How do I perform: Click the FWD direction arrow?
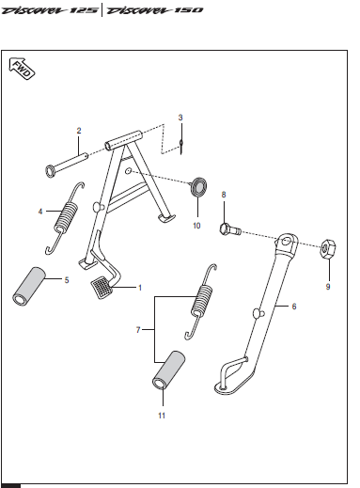tap(22, 69)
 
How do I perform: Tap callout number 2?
tap(79, 131)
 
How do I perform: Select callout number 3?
tap(180, 118)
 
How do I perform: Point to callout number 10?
tap(196, 226)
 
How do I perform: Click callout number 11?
tap(162, 416)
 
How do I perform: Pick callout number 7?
tap(138, 330)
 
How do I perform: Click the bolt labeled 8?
tap(230, 229)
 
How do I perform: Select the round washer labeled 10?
tap(198, 187)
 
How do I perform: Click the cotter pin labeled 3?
tap(181, 146)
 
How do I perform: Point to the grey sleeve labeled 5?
tap(29, 287)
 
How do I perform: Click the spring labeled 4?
tap(65, 218)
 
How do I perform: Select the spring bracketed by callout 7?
tap(201, 302)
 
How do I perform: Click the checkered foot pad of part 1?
tap(102, 287)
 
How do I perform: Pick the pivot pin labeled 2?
tap(67, 165)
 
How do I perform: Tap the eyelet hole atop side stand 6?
tap(286, 242)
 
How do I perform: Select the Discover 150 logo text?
tap(155, 10)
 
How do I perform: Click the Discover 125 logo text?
tap(49, 10)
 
